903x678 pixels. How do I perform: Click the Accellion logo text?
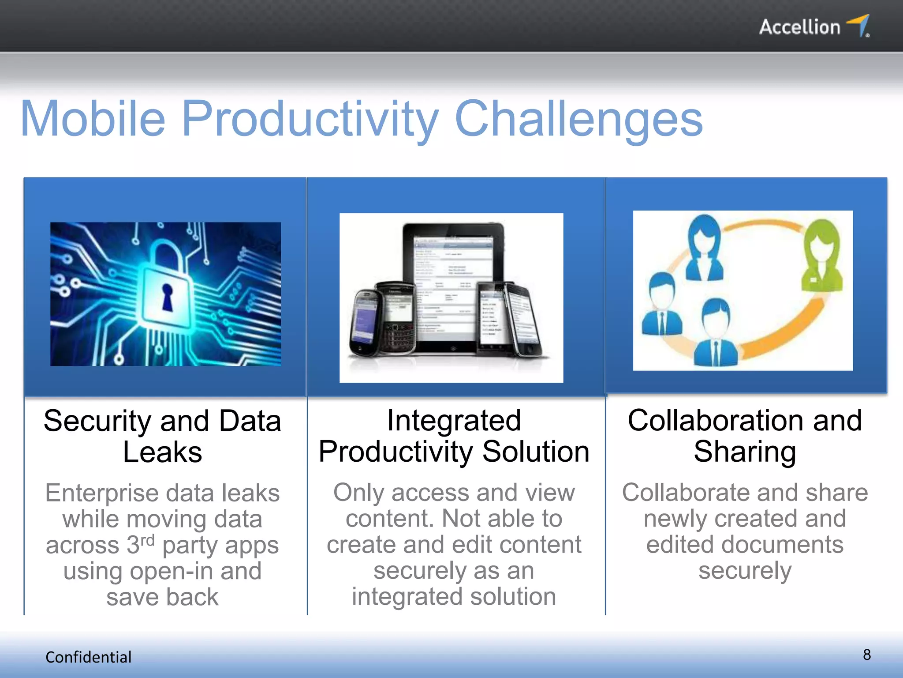pos(799,27)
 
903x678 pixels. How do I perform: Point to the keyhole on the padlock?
pos(168,297)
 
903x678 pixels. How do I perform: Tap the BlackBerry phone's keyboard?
pos(398,338)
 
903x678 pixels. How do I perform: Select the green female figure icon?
pos(821,256)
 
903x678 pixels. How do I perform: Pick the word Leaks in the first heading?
pos(162,452)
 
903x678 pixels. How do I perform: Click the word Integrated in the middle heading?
pos(454,420)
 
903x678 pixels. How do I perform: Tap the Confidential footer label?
pos(88,657)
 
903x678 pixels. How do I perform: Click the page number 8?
pos(866,655)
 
